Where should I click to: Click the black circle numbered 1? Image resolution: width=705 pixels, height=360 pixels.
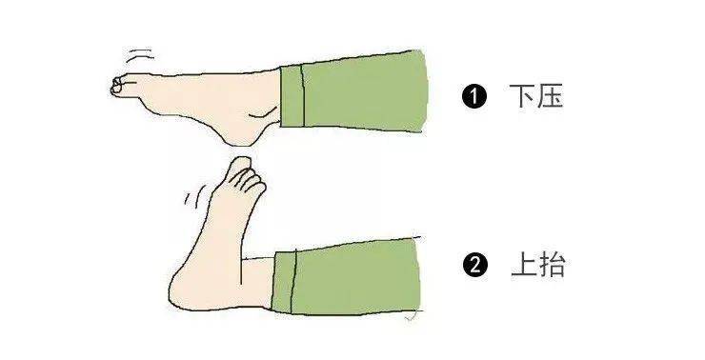pyautogui.click(x=473, y=96)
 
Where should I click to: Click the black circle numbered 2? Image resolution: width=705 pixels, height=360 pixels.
pyautogui.click(x=474, y=265)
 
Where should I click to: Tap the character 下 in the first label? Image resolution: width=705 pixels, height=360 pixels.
pyautogui.click(x=522, y=96)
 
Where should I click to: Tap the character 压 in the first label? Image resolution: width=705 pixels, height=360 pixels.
pyautogui.click(x=550, y=96)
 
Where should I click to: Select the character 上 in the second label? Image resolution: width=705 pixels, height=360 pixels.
pyautogui.click(x=524, y=265)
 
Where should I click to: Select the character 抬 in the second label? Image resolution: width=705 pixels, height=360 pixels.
pyautogui.click(x=553, y=265)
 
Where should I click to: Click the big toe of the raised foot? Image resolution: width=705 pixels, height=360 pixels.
pyautogui.click(x=240, y=166)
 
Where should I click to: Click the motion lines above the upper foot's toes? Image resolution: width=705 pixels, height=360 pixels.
pyautogui.click(x=139, y=56)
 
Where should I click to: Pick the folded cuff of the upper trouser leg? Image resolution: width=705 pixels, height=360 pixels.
pyautogui.click(x=292, y=96)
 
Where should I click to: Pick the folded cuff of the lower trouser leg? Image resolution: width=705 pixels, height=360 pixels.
pyautogui.click(x=284, y=281)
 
